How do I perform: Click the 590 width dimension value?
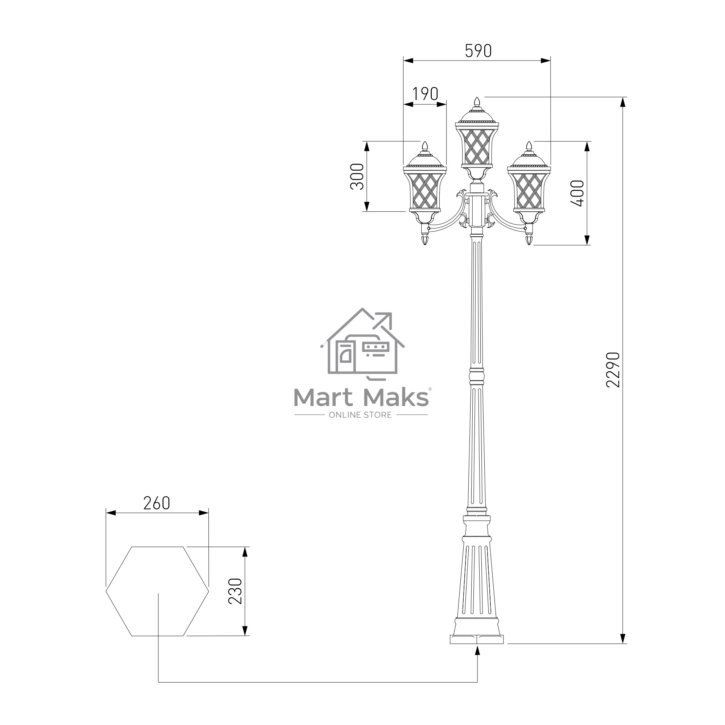coord(478,51)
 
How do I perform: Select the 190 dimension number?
coord(425,94)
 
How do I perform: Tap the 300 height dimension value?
coord(357,177)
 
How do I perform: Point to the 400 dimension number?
coord(577,193)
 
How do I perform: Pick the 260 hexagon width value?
coord(157,503)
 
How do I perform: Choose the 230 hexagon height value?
coord(235,591)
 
